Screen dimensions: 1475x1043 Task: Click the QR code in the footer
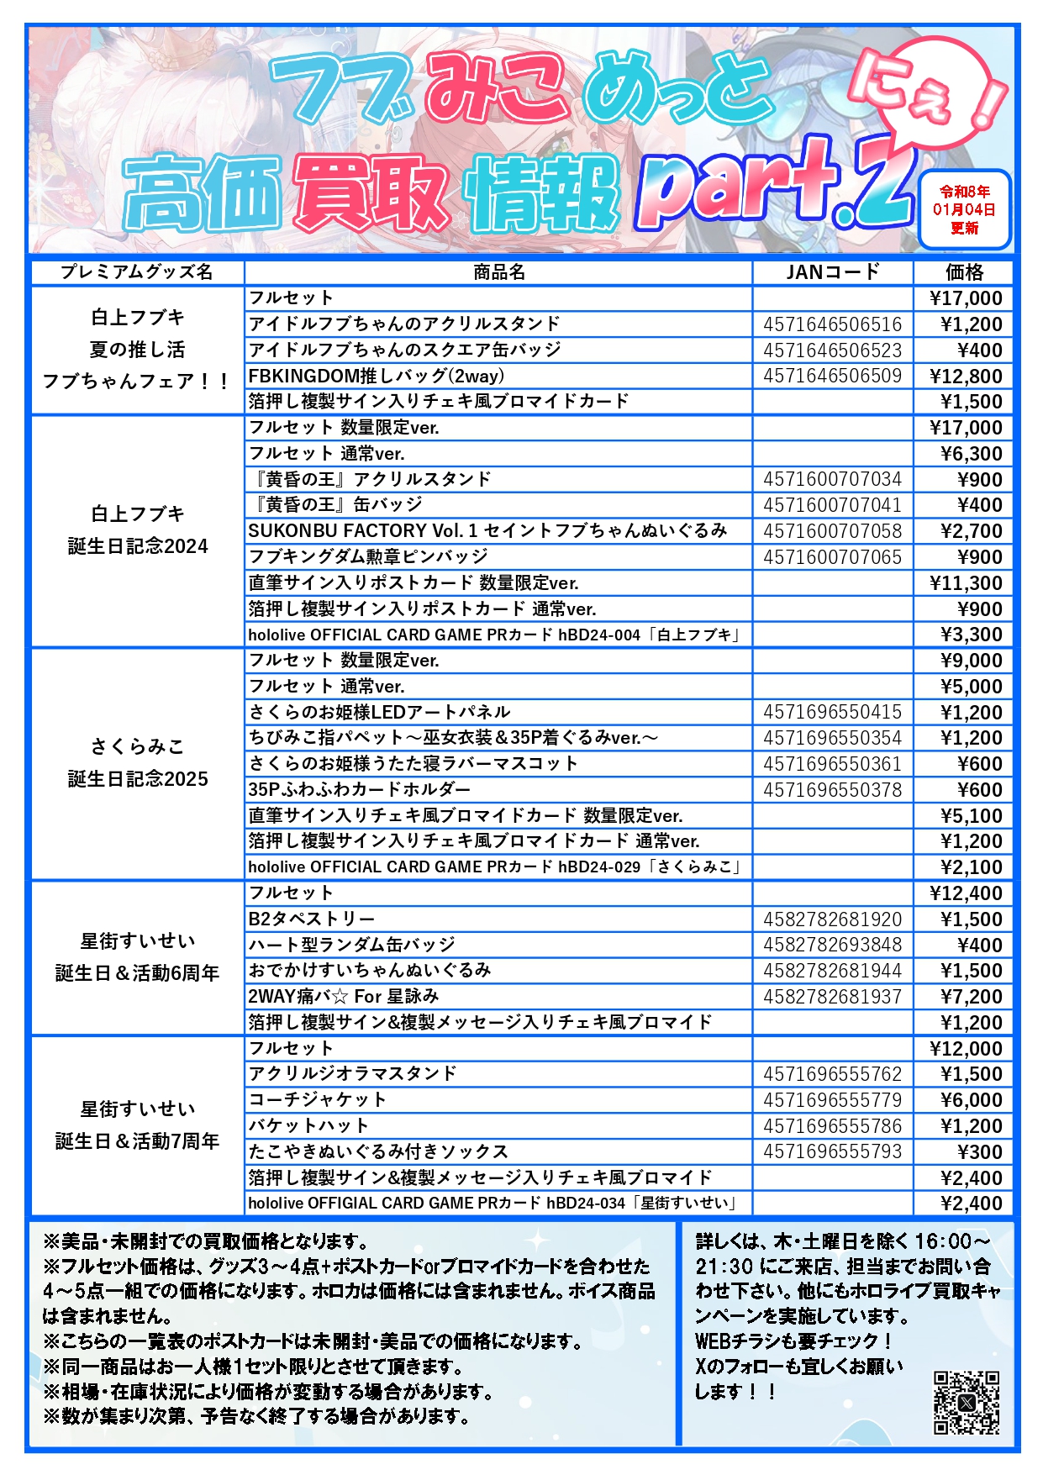966,1402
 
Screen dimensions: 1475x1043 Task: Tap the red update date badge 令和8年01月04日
964,210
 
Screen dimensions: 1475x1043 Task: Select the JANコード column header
832,272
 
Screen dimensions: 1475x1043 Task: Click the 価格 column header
964,272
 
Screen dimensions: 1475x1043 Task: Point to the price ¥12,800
966,377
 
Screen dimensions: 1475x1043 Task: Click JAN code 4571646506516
832,324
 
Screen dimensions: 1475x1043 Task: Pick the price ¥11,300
966,583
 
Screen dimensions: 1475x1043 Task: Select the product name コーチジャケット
318,1099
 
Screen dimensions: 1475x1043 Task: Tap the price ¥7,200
971,997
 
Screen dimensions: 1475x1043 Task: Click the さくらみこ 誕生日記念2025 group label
137,763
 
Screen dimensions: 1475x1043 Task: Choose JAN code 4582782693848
832,945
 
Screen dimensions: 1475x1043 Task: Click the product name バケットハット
308,1125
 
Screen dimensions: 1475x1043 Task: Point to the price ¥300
979,1151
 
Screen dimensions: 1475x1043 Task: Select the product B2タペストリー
312,919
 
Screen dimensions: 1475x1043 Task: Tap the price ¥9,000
971,661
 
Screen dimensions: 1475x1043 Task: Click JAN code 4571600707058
832,531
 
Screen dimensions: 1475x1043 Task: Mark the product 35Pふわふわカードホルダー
359,789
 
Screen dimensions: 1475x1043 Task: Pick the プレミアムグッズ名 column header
137,272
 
